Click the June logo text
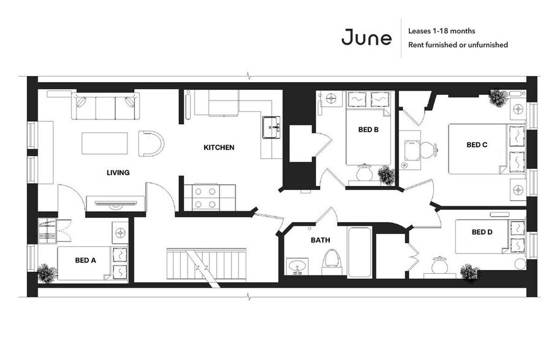pos(366,38)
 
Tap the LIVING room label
pos(118,173)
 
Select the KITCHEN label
pos(219,148)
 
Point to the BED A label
pos(85,260)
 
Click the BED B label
pos(368,130)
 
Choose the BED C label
pos(476,145)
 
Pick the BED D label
pos(482,232)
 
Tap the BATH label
pos(320,241)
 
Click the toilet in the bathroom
pos(332,260)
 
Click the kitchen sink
pos(270,129)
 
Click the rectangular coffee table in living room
pos(105,144)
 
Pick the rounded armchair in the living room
pos(151,143)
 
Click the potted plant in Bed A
pos(46,273)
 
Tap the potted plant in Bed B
pos(386,176)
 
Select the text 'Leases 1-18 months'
pos(441,31)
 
